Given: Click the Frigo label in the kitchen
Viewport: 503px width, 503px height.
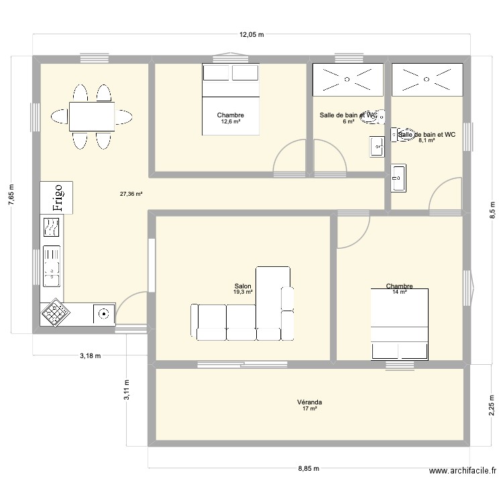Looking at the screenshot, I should pos(57,198).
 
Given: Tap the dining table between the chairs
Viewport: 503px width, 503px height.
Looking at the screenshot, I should pos(91,117).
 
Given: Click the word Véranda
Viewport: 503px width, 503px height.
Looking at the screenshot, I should pos(309,402).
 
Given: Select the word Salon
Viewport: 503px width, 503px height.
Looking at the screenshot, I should pos(243,286).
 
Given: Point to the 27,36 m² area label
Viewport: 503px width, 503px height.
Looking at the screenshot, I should pos(131,194).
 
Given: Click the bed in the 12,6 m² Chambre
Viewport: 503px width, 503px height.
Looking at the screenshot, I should pos(230,99).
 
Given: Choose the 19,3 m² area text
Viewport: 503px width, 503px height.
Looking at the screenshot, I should pos(243,292).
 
